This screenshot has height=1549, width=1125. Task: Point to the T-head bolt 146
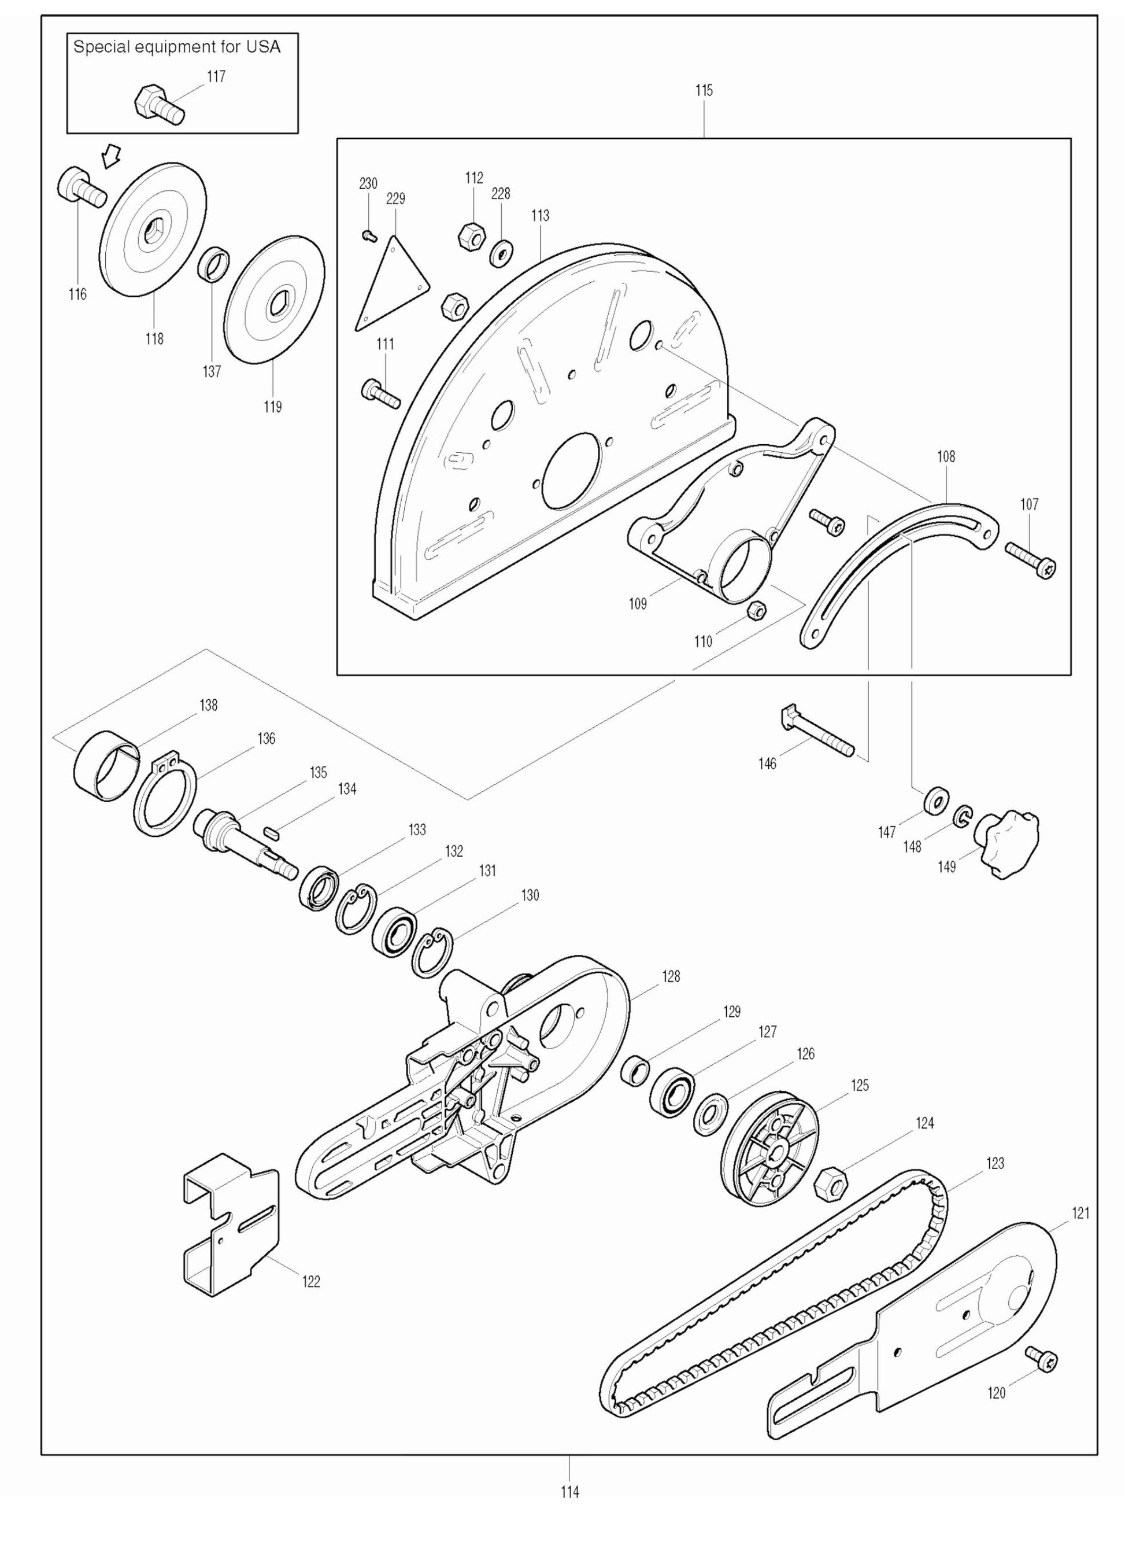[x=816, y=732]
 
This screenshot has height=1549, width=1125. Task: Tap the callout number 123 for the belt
[x=994, y=1163]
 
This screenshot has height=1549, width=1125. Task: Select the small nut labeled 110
[x=756, y=610]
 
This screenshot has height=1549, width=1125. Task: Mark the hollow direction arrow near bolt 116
[x=109, y=157]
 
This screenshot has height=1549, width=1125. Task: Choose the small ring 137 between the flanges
[x=213, y=264]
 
